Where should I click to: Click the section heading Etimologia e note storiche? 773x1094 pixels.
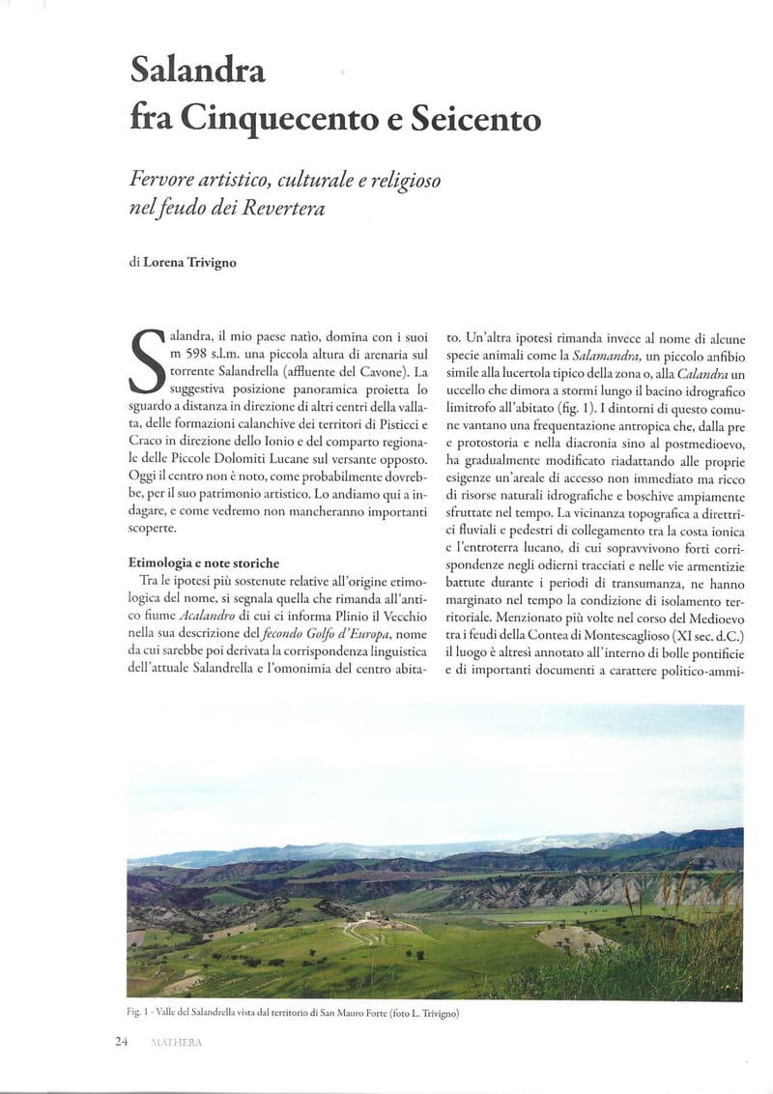click(x=204, y=562)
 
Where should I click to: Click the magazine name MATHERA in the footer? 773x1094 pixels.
click(x=177, y=1042)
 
